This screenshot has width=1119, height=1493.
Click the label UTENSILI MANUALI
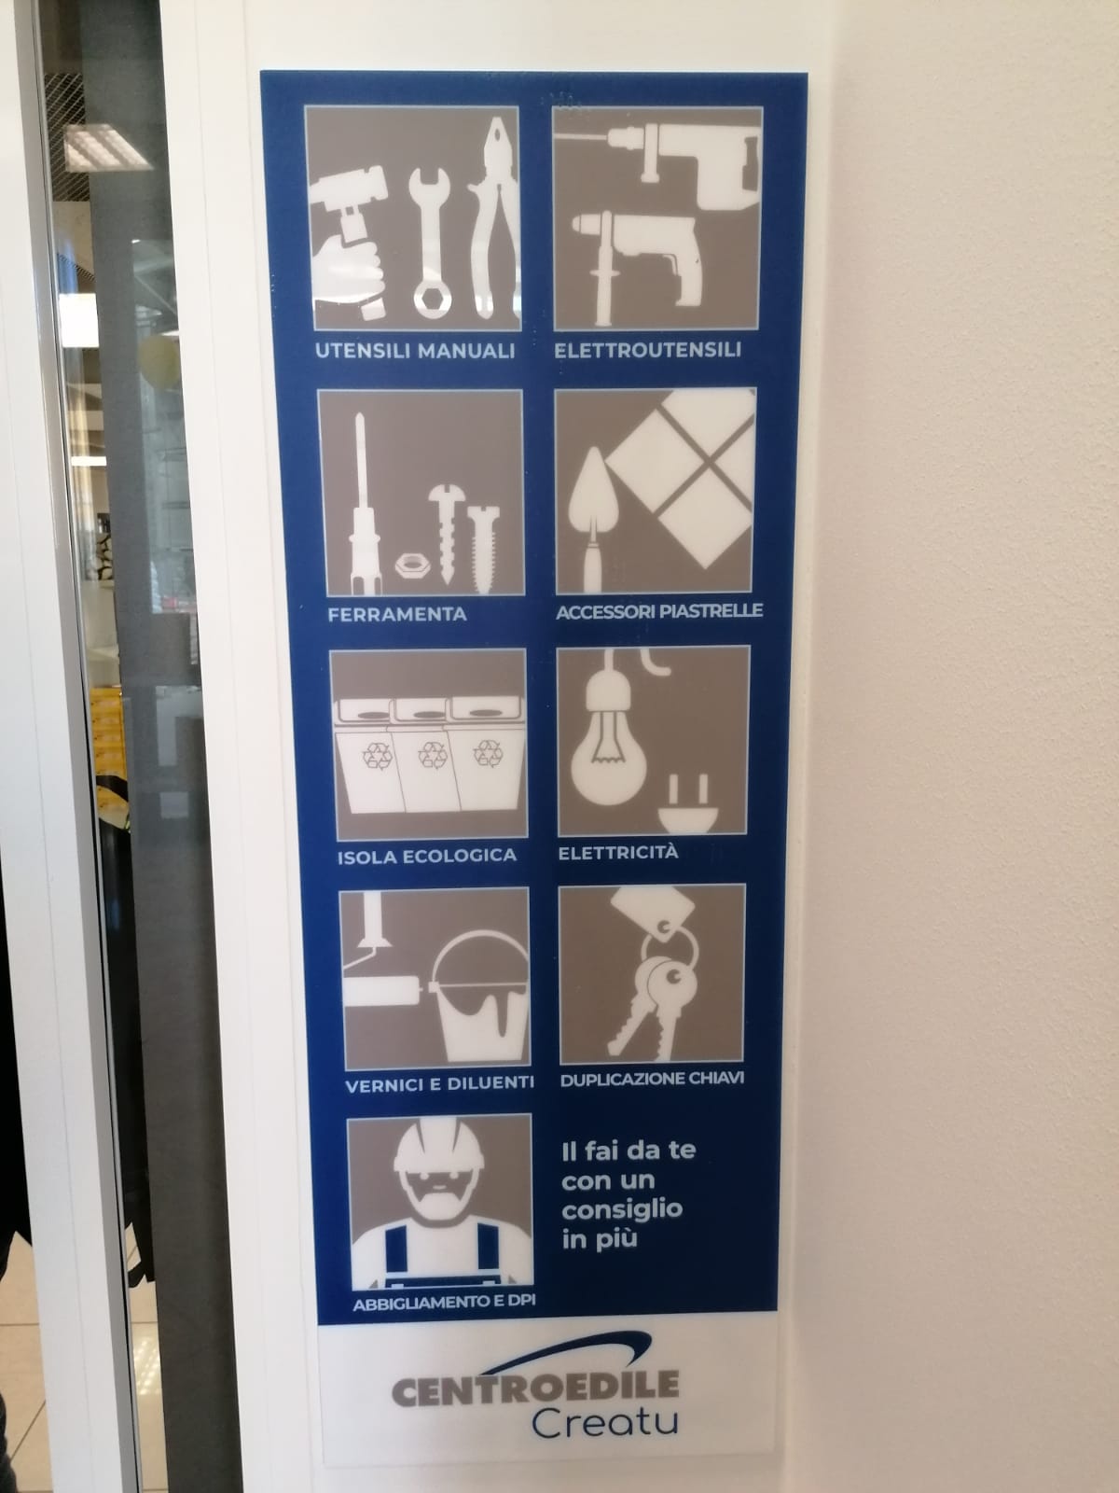pos(415,351)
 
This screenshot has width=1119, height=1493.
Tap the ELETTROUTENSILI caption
pos(647,350)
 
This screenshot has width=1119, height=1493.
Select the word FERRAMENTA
pos(397,614)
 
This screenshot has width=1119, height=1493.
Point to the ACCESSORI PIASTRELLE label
pos(659,611)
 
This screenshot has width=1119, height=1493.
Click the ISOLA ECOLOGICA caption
pos(427,856)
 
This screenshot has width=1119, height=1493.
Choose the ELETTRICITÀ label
pos(618,852)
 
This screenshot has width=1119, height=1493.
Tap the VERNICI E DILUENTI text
pos(439,1084)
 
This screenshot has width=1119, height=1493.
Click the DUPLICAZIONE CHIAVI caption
pos(652,1080)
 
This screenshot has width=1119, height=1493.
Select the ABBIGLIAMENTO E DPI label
pos(445,1302)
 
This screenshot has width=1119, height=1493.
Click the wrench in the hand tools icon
pos(430,243)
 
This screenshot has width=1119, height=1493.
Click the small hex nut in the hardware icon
pos(412,565)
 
